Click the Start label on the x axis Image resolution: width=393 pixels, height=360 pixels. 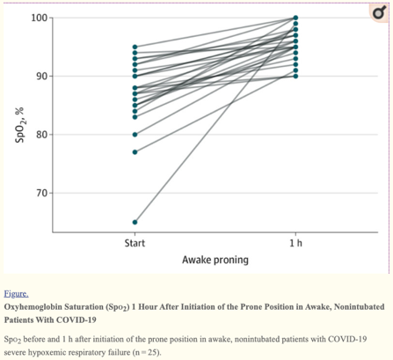pyautogui.click(x=135, y=241)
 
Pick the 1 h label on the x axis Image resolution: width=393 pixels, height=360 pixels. pyautogui.click(x=295, y=241)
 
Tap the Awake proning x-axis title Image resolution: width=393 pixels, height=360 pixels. pyautogui.click(x=215, y=260)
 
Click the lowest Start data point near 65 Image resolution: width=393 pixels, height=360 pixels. pyautogui.click(x=135, y=222)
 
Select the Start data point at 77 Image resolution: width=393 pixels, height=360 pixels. pyautogui.click(x=135, y=152)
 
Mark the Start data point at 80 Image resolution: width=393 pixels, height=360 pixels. pyautogui.click(x=135, y=135)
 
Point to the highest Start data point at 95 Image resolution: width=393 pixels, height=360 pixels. pyautogui.click(x=135, y=47)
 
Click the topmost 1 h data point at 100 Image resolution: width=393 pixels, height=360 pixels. pyautogui.click(x=295, y=18)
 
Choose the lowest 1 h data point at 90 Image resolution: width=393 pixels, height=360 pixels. pyautogui.click(x=295, y=76)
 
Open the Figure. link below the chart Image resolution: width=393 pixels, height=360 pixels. pyautogui.click(x=17, y=292)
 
